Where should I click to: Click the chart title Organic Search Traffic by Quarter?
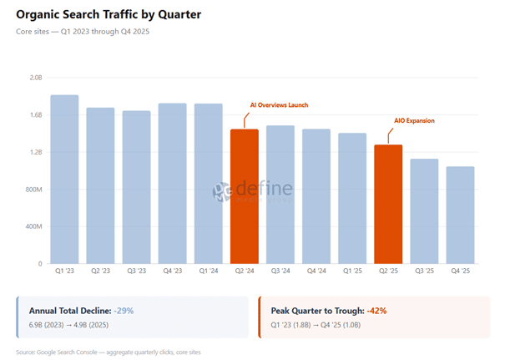click(x=109, y=16)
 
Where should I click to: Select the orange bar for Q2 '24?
click(x=245, y=196)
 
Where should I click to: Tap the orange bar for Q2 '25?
click(x=388, y=204)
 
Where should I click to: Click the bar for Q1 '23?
click(x=64, y=179)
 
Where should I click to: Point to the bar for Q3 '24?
click(x=280, y=194)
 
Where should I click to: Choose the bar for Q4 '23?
click(x=172, y=183)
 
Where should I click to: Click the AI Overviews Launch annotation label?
click(x=280, y=105)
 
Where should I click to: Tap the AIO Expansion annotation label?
click(x=414, y=121)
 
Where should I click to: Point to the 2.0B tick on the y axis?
click(x=36, y=77)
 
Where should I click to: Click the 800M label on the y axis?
click(x=33, y=189)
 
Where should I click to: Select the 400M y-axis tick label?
click(x=33, y=226)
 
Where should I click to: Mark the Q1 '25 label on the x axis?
click(x=352, y=271)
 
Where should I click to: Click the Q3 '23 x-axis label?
click(x=136, y=271)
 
